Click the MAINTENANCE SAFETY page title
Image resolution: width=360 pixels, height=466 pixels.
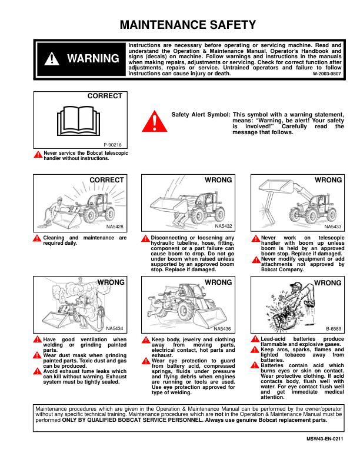point(188,25)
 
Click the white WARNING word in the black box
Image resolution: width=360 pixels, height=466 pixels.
point(93,58)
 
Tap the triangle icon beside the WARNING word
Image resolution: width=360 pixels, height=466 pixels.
point(53,58)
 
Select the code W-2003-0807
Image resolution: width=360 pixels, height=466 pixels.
point(326,74)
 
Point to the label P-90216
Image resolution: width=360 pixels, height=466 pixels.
point(113,144)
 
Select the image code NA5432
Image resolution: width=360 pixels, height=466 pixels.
point(224,226)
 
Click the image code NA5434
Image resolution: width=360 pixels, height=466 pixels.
point(115,328)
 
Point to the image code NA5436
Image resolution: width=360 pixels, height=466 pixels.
point(223,329)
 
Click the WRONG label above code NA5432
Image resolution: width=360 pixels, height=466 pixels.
point(218,180)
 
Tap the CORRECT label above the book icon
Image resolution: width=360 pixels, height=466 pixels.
point(105,96)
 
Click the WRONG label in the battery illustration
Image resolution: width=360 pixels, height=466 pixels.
point(328,283)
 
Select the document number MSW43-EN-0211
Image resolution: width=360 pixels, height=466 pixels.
point(324,439)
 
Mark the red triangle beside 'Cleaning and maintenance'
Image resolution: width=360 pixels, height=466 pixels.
point(38,238)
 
